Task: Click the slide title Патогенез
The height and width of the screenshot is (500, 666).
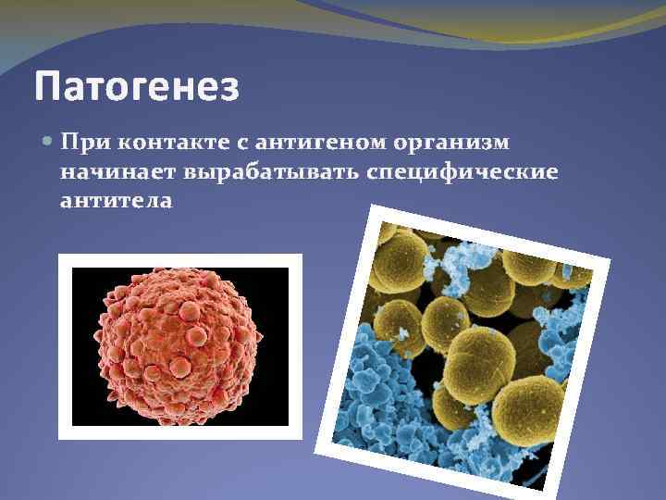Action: point(137,88)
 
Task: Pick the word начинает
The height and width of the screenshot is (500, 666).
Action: point(117,172)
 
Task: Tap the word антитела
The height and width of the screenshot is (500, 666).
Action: point(116,200)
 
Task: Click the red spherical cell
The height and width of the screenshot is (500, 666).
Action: point(180,343)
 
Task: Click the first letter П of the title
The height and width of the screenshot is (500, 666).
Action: point(46,88)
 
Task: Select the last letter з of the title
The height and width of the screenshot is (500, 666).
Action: point(229,89)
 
